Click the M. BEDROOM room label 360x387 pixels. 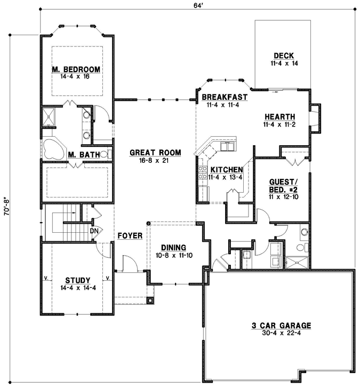coord(76,69)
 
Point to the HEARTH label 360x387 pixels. coord(279,116)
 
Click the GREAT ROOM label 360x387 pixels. coord(155,153)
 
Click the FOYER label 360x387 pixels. coord(130,234)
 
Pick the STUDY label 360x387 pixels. coord(77,280)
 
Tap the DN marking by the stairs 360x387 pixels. coord(94,231)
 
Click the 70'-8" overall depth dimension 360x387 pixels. coord(6,207)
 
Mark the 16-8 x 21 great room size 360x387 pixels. coord(155,161)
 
